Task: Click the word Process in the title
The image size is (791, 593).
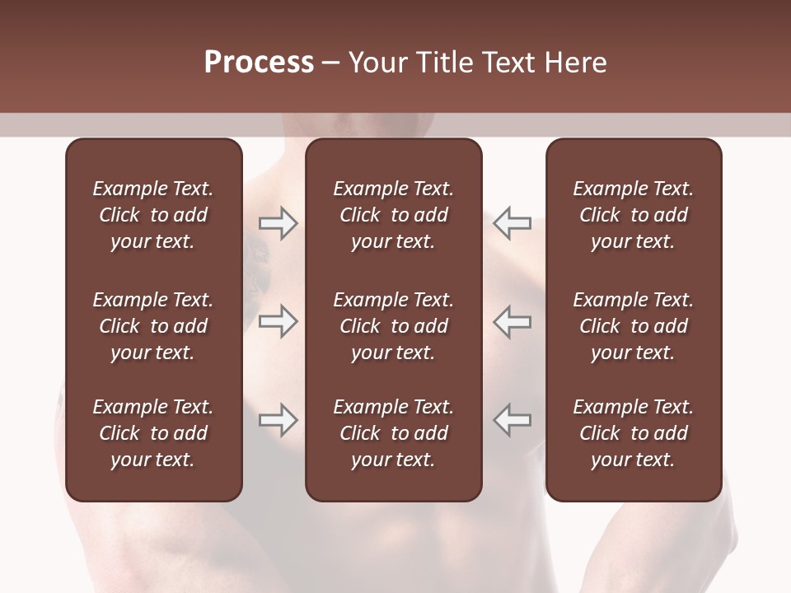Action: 259,63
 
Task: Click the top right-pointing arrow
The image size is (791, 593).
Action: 278,223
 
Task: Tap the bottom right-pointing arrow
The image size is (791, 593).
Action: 278,420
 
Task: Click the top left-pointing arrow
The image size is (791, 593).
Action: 512,223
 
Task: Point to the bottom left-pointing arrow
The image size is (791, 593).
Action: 512,420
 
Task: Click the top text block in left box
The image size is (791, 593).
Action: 153,215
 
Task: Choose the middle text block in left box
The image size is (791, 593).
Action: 153,326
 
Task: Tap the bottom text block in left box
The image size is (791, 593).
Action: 153,433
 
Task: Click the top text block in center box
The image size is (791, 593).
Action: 393,215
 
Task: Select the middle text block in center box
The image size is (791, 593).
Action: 393,326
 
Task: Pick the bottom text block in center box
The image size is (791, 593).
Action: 393,433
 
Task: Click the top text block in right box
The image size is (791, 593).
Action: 633,215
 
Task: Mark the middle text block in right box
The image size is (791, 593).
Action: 633,326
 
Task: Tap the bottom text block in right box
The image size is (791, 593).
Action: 633,433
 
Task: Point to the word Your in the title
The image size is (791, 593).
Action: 377,63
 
